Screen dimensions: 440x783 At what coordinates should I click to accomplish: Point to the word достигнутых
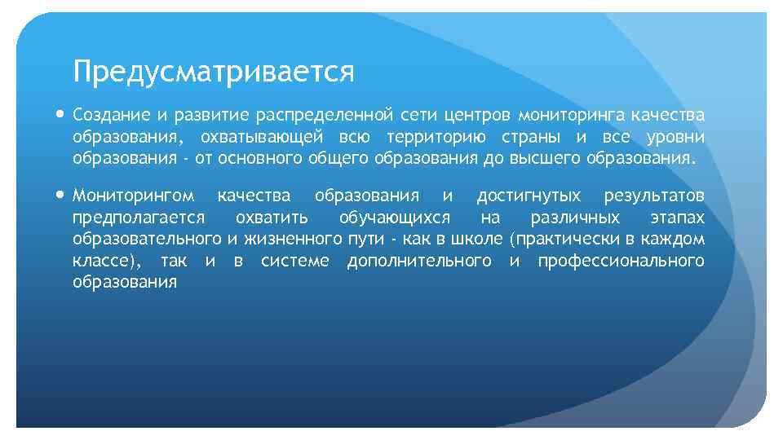(x=529, y=196)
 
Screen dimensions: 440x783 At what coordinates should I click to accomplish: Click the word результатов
(x=654, y=196)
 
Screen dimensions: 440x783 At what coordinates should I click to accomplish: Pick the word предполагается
(x=138, y=218)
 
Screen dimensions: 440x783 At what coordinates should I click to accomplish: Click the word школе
(x=480, y=240)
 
